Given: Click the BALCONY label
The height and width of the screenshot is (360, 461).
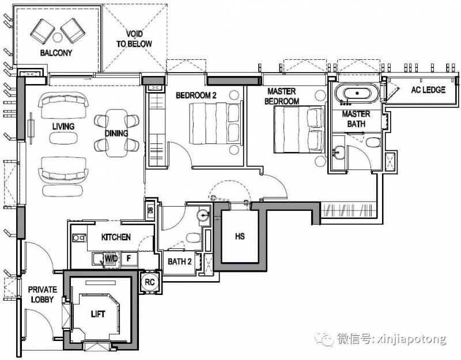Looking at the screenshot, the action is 56,53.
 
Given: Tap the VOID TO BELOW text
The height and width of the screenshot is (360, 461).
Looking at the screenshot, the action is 134,39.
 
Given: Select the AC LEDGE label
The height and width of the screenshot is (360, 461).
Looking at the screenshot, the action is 428,90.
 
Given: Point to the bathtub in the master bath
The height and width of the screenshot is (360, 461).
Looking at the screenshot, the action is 357,93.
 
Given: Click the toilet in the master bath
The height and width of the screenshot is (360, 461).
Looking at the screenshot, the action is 373,142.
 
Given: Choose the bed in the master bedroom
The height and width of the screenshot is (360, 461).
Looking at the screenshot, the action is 300,129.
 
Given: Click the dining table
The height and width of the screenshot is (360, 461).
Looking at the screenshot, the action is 117,133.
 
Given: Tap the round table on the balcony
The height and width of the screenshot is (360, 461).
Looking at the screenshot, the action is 57,37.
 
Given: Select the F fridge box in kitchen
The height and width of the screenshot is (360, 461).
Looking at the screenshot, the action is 129,259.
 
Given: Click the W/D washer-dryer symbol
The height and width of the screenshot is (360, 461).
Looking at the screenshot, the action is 111,259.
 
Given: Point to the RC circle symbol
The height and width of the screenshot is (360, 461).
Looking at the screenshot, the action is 150,282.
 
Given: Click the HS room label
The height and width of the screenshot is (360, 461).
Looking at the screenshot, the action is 240,236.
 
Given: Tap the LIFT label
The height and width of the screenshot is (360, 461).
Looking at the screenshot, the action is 98,314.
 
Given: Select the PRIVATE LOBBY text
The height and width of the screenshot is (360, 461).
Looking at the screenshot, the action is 43,294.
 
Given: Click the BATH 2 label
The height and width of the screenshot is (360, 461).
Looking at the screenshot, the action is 180,262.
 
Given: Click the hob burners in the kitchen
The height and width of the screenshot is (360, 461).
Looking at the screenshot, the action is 79,237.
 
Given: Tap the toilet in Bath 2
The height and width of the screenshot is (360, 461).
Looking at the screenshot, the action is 194,238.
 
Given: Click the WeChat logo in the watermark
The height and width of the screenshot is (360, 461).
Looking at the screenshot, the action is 324,339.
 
